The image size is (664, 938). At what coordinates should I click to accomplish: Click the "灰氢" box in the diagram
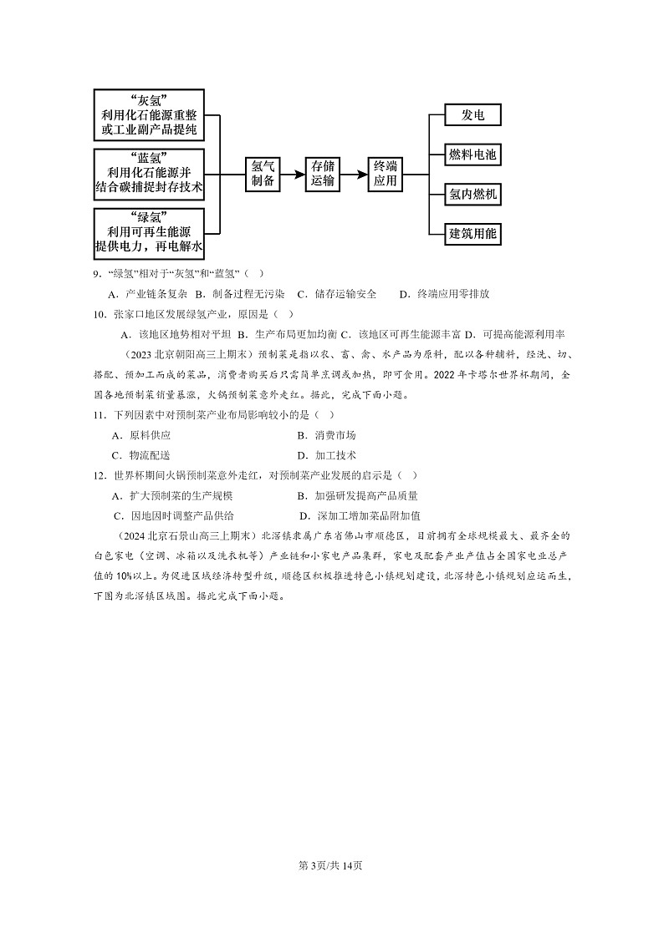tap(149, 115)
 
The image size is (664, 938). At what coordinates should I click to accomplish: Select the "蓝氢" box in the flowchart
tap(149, 174)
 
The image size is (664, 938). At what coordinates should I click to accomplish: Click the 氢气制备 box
tap(263, 174)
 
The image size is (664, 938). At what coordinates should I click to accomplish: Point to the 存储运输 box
tap(323, 174)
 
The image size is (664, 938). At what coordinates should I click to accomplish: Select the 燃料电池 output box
tap(472, 155)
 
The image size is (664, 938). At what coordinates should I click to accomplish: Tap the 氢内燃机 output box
tap(472, 195)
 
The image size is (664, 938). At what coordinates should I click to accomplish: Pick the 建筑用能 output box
tap(472, 233)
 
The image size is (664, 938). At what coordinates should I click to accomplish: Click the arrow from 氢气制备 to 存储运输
tap(293, 175)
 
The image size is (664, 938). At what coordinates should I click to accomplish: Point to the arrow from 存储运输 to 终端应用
tap(353, 175)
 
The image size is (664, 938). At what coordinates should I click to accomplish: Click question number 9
tap(97, 274)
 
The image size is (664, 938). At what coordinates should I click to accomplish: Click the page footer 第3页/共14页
tap(331, 864)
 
